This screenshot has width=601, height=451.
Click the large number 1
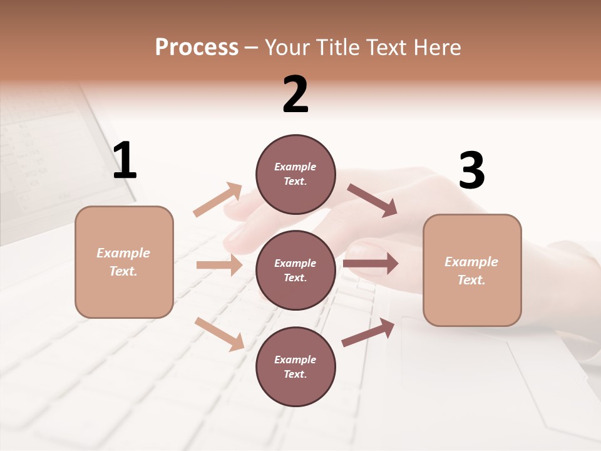coord(125,160)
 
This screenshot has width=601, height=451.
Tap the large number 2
coord(295,95)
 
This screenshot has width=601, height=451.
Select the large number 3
coord(471,171)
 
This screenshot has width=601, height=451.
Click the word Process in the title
coord(197,47)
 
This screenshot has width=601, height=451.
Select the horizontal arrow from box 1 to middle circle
coord(219,265)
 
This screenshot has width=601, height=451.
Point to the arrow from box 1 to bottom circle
coord(219,333)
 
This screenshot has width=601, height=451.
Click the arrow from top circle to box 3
coord(372,200)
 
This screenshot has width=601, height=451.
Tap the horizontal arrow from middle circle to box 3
coord(370,264)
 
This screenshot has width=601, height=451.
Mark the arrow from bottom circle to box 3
coord(368,333)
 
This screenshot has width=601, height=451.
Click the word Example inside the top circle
coord(295,167)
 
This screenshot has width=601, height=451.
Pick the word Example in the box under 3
coord(471,262)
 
